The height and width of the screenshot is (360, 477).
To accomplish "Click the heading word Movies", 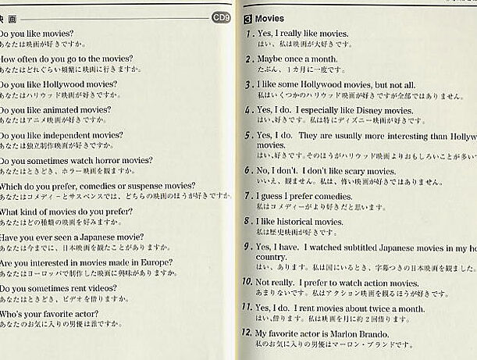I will pyautogui.click(x=269, y=18).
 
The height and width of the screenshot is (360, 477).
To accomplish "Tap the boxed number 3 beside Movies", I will pyautogui.click(x=247, y=18).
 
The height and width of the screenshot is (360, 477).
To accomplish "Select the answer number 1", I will pyautogui.click(x=247, y=34).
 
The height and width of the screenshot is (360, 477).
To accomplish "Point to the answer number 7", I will pyautogui.click(x=247, y=196).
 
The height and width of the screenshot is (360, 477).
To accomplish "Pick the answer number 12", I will pyautogui.click(x=247, y=333).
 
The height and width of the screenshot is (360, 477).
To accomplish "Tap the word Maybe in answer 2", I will pyautogui.click(x=270, y=59).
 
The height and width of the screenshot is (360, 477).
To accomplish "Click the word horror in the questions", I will pyautogui.click(x=111, y=160).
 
